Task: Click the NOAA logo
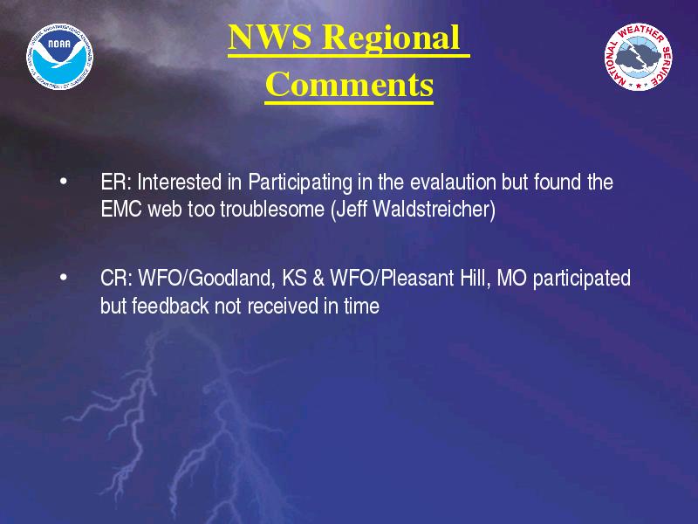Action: click(59, 57)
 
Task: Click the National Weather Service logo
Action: click(638, 57)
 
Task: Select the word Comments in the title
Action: click(349, 84)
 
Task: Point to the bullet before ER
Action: click(64, 182)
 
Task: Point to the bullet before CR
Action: click(64, 278)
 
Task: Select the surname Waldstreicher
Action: click(434, 209)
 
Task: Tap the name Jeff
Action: click(352, 209)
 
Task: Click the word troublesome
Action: click(272, 209)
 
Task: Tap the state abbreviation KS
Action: click(294, 278)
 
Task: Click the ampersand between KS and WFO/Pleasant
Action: click(318, 278)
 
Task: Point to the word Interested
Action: click(180, 182)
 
